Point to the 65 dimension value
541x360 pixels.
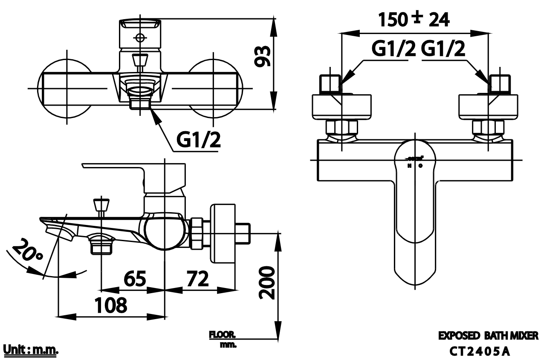click(135, 279)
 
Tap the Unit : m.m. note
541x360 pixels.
click(30, 350)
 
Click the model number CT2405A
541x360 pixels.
click(480, 351)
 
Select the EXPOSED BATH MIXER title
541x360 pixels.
click(488, 336)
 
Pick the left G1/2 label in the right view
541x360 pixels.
click(393, 50)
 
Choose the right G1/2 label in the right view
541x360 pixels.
click(443, 50)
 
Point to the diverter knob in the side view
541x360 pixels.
click(101, 205)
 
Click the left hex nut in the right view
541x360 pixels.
click(341, 127)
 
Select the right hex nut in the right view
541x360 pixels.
click(488, 127)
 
